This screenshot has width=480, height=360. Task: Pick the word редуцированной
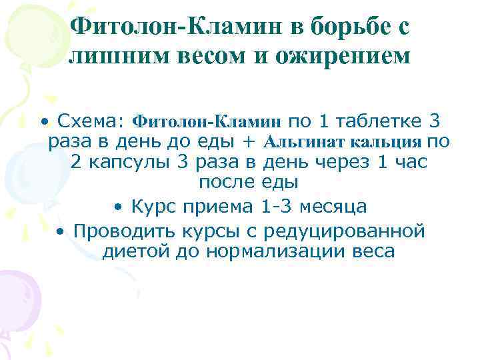click(x=344, y=231)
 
